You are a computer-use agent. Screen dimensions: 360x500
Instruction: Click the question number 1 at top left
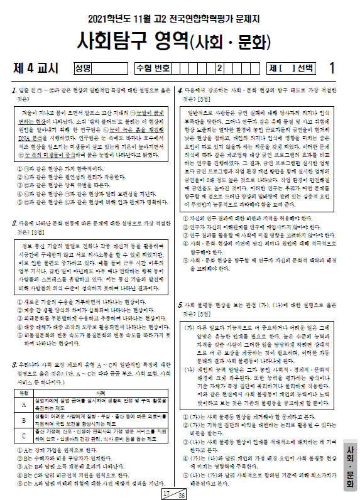(14, 90)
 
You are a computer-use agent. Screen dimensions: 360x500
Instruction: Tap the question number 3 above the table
(14, 364)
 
